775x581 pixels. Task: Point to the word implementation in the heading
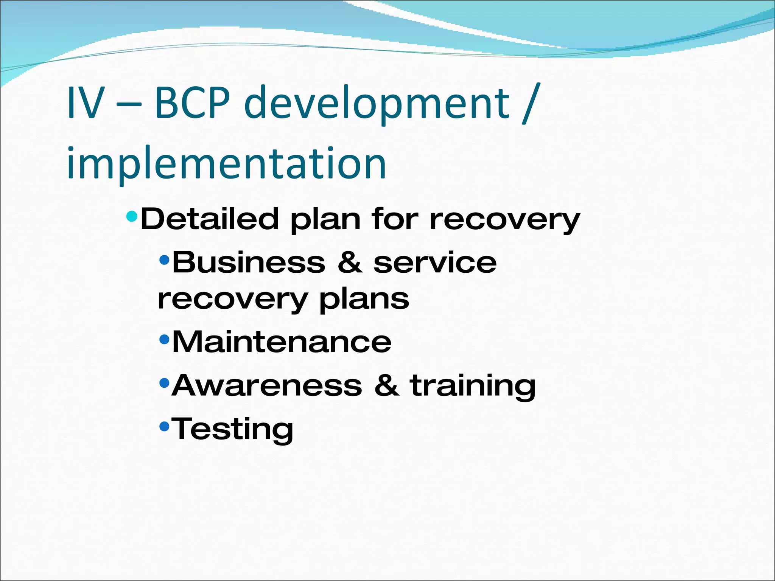coord(226,164)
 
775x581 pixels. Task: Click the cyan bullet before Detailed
coord(132,216)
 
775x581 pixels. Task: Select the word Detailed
coord(209,219)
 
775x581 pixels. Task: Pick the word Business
coord(249,263)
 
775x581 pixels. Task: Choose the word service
coord(435,263)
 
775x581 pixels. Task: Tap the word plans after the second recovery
coord(364,300)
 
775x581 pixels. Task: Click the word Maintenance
coord(282,342)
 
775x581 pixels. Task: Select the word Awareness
coord(267,385)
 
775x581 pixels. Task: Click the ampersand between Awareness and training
coord(386,385)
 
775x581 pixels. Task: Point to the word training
coord(473,387)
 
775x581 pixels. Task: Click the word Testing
coord(232,429)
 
